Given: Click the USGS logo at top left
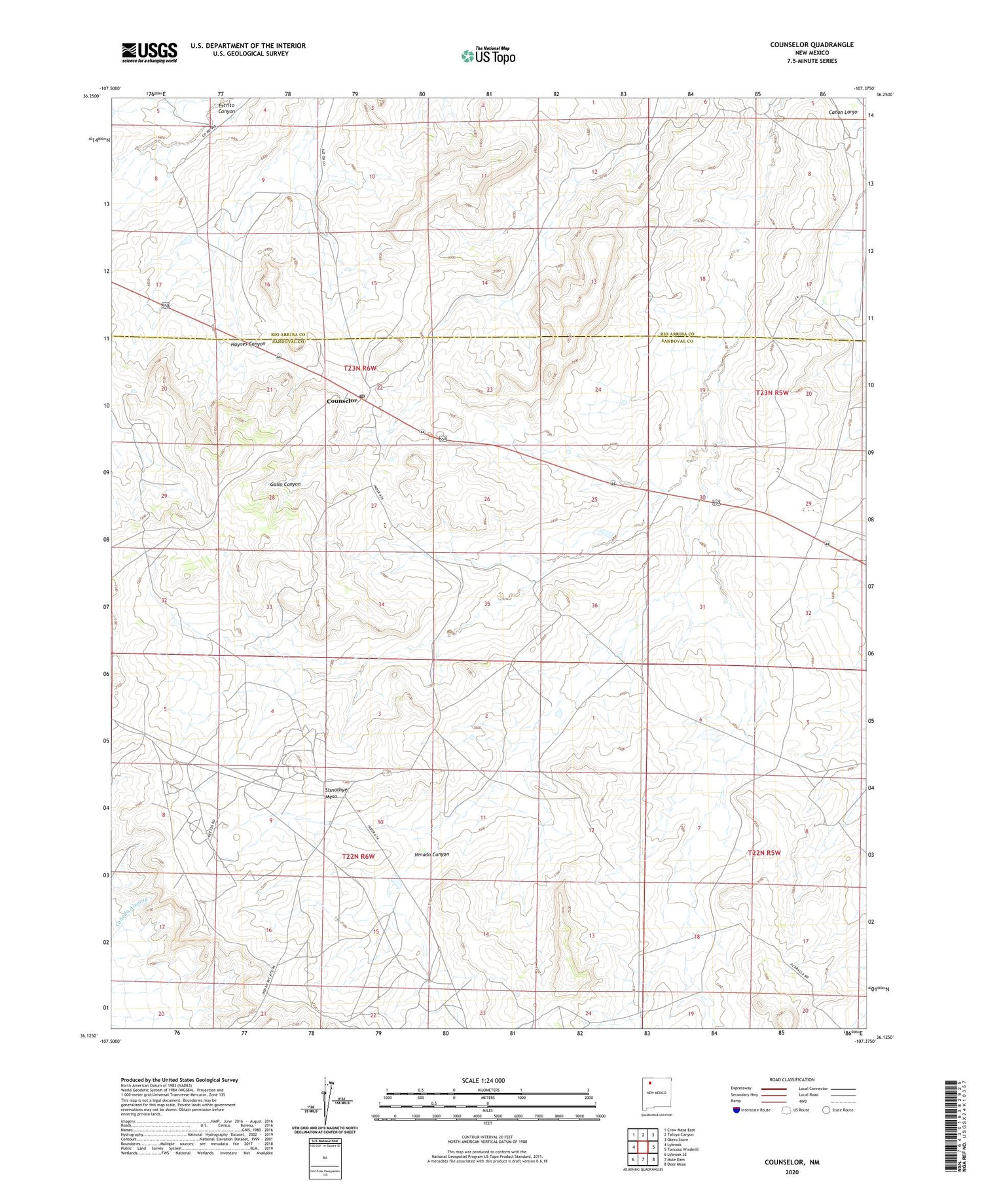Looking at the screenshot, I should click(149, 52).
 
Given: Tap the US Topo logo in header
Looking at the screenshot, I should click(488, 56).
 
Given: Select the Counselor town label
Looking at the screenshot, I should click(342, 400).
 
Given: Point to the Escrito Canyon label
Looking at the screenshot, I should click(227, 108).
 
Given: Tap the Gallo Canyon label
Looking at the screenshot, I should click(285, 484).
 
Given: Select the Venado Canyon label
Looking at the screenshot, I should click(432, 854).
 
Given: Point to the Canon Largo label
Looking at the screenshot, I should click(843, 112).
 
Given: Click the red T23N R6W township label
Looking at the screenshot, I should click(360, 368).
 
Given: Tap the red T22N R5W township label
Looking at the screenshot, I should click(764, 852).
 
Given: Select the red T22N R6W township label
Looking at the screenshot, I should click(358, 856).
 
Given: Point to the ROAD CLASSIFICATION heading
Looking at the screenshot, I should click(792, 1079).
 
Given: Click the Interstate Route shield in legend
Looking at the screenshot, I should click(736, 1110).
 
